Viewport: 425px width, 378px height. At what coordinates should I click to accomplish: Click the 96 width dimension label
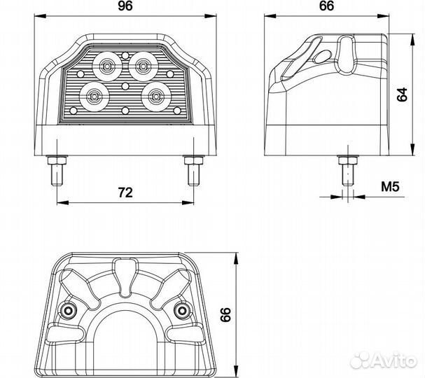pos(125,6)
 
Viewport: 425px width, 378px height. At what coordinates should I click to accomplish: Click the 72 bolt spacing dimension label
pos(125,192)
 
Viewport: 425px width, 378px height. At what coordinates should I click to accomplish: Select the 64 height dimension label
pos(402,94)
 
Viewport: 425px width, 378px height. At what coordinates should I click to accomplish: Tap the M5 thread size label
pos(390,187)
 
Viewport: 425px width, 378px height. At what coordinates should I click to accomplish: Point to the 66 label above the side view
pos(326,6)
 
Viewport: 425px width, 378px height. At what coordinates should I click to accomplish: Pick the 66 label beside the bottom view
pos(225,314)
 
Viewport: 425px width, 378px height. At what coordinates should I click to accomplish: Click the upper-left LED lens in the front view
pos(107,66)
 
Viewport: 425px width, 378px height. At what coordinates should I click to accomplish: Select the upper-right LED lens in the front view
pos(144,66)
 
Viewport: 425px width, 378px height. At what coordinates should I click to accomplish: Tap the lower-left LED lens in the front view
pos(95,97)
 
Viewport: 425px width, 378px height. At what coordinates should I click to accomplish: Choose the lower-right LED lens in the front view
pos(156,96)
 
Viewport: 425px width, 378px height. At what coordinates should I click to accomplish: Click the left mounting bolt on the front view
pos(57,170)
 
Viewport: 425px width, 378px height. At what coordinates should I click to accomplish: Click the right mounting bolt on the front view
pos(194,170)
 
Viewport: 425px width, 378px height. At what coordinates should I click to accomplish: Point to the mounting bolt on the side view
pos(348,170)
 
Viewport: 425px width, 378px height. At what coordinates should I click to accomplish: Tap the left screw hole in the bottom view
pos(67,310)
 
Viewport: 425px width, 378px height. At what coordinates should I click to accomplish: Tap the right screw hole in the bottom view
pos(182,310)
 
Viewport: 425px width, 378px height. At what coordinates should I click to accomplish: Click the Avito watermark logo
pos(383,360)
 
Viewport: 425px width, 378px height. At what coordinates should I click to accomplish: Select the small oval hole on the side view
pos(323,57)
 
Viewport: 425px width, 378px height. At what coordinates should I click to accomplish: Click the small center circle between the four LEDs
pos(125,86)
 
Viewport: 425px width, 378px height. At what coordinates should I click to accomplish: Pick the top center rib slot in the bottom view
pos(125,277)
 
